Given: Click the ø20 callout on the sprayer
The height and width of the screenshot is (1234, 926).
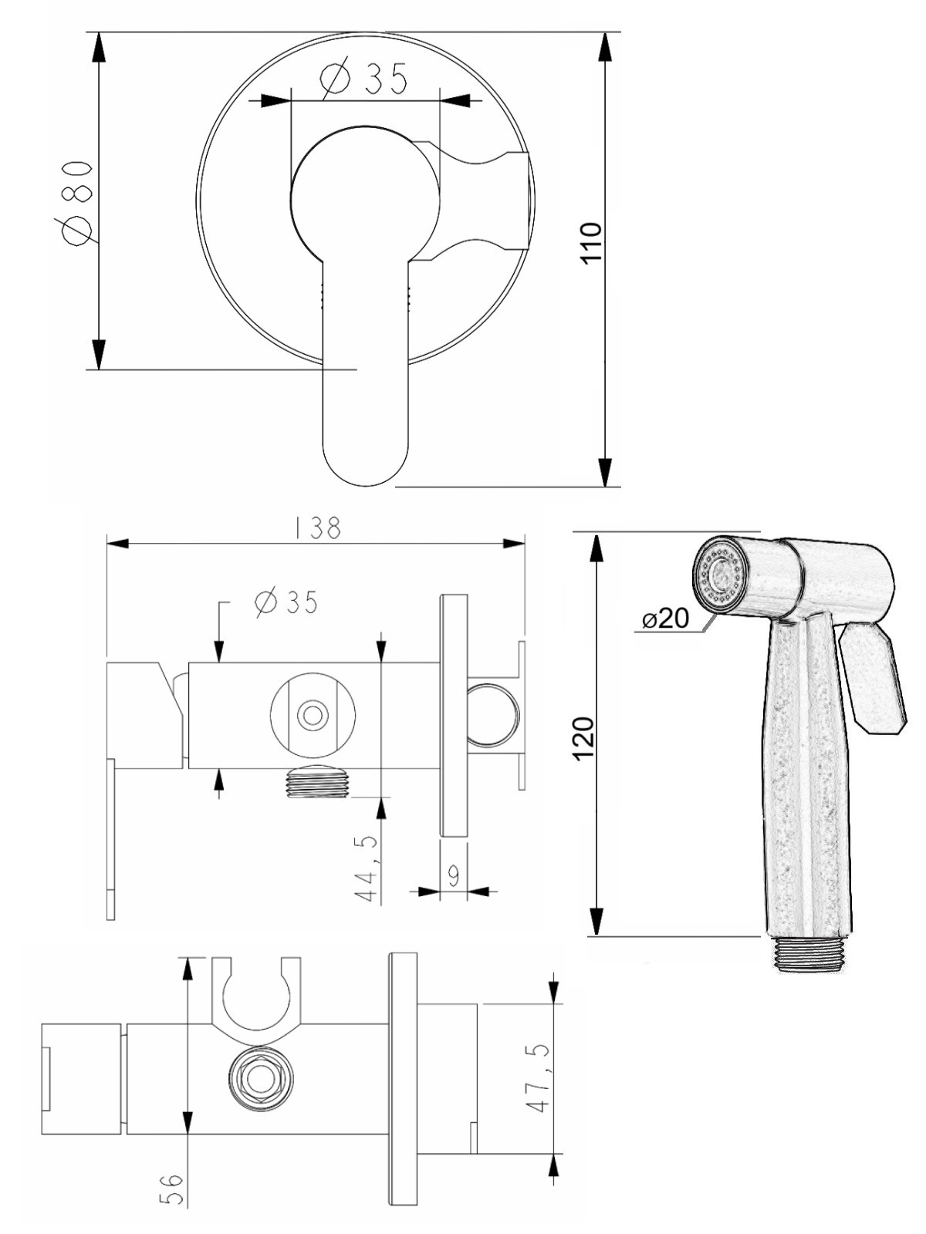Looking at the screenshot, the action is tap(666, 619).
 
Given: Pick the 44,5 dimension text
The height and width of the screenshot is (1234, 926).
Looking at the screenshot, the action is tap(368, 870).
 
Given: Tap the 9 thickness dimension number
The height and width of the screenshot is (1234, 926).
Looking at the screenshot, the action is tap(455, 874).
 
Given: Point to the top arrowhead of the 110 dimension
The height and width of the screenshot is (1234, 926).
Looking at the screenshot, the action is tap(605, 47).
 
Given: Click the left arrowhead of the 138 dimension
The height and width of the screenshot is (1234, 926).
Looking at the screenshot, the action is tap(119, 544).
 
